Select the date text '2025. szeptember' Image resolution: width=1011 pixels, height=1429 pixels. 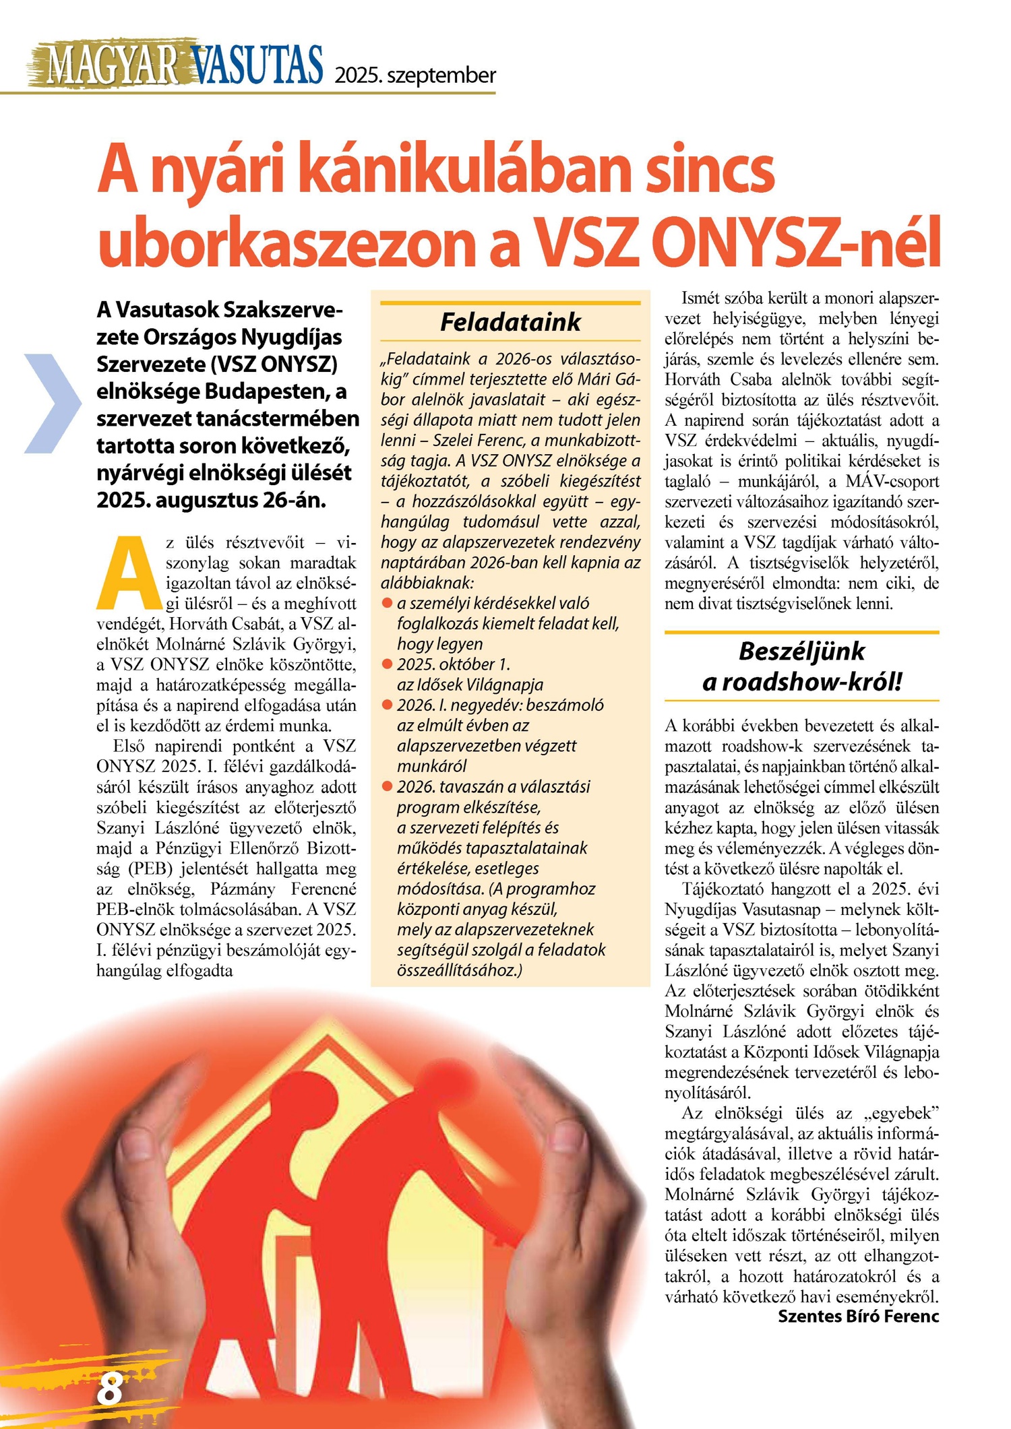[x=415, y=75]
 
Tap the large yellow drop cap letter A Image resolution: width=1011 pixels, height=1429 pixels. [x=130, y=572]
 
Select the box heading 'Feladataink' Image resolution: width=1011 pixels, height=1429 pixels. [x=510, y=322]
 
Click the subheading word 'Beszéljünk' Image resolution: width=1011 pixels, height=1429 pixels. [x=801, y=652]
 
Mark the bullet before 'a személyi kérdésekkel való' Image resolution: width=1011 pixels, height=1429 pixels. [x=387, y=603]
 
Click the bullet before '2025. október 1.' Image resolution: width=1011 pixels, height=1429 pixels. [x=387, y=664]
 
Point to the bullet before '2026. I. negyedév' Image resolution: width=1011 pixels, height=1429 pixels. [x=387, y=705]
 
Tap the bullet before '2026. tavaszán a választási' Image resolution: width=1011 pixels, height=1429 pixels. [x=387, y=786]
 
